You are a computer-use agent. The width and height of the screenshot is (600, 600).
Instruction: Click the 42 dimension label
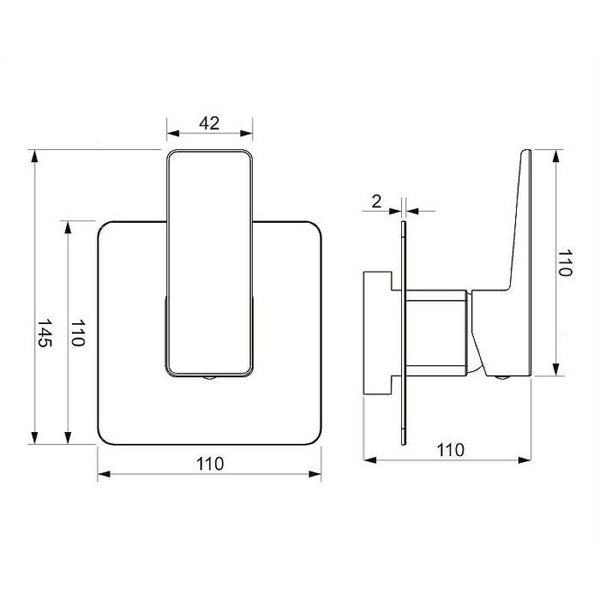tap(209, 123)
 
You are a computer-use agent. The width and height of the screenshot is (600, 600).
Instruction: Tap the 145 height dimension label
tap(44, 332)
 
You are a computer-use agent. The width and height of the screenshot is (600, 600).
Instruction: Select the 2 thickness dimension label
tap(376, 201)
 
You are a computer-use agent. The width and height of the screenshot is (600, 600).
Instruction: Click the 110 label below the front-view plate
tap(210, 463)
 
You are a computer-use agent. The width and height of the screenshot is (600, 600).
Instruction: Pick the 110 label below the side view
tap(451, 450)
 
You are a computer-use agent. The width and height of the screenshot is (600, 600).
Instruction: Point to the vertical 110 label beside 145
tap(78, 333)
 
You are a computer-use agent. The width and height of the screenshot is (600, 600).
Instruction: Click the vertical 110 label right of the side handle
tap(565, 262)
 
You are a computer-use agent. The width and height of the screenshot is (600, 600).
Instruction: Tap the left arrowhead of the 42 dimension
tap(173, 133)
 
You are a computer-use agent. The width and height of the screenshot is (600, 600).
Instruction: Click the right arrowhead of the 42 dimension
tap(247, 133)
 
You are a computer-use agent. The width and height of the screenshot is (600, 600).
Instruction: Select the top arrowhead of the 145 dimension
tap(34, 156)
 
